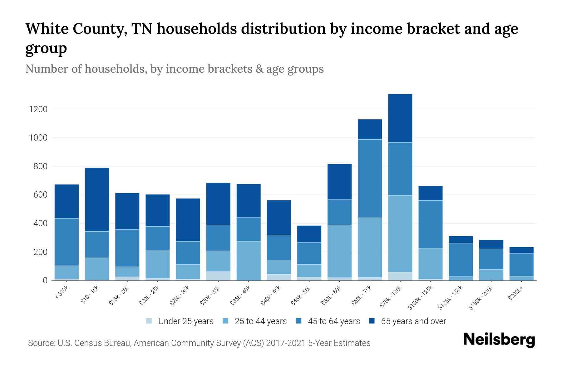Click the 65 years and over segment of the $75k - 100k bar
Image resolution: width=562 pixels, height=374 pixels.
(400, 118)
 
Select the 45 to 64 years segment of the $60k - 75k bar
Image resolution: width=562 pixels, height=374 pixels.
(370, 178)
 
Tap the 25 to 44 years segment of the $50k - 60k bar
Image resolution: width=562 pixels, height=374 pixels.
(339, 251)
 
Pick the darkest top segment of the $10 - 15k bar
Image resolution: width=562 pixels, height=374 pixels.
(97, 199)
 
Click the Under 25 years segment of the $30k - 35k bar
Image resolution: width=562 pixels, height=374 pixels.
(218, 276)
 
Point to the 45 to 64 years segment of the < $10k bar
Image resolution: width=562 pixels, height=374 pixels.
(67, 242)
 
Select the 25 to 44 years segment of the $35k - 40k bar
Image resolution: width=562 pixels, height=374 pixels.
(249, 261)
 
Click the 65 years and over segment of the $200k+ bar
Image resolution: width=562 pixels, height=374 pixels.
(521, 250)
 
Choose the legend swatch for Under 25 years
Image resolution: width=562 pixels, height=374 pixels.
(149, 321)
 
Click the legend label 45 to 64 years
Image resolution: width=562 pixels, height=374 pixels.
(334, 321)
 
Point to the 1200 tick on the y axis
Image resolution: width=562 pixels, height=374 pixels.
(38, 109)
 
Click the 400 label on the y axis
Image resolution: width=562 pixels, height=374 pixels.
(41, 223)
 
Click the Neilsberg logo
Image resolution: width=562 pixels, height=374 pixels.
(499, 340)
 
